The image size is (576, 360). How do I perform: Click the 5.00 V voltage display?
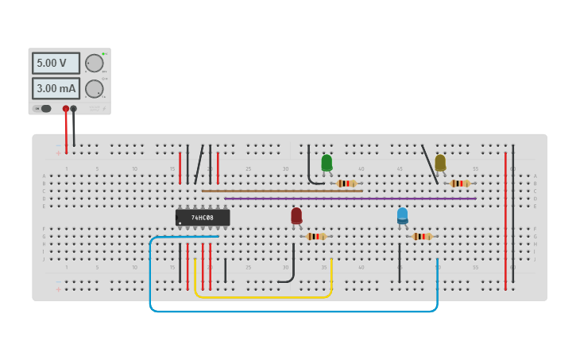pos(56,63)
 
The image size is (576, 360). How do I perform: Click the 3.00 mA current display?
pos(56,88)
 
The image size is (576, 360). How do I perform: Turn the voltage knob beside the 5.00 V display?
pos(95,64)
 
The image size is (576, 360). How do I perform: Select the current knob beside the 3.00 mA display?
pos(95,89)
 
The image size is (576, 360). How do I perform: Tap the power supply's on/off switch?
pos(45,109)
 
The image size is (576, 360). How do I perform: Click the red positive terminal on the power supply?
pos(66,109)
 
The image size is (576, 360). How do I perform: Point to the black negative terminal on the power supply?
pos(74,109)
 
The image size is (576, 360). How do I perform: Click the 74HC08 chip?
pos(203,217)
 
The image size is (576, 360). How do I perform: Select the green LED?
pos(327,162)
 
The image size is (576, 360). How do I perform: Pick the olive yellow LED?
pos(440,162)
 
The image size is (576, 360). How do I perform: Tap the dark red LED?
pos(296,215)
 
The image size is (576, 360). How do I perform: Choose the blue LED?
pos(402,215)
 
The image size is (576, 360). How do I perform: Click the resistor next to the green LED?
pos(346,184)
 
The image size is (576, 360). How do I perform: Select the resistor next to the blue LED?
pos(421,236)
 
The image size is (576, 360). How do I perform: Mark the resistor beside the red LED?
pos(315,236)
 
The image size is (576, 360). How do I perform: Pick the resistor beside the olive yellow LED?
pos(459,184)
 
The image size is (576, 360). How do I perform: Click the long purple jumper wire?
pos(350,199)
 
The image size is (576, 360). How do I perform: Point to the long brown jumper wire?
pos(282,191)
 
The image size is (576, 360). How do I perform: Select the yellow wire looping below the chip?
pos(262,297)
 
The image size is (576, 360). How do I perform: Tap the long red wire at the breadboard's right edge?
pos(505,223)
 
